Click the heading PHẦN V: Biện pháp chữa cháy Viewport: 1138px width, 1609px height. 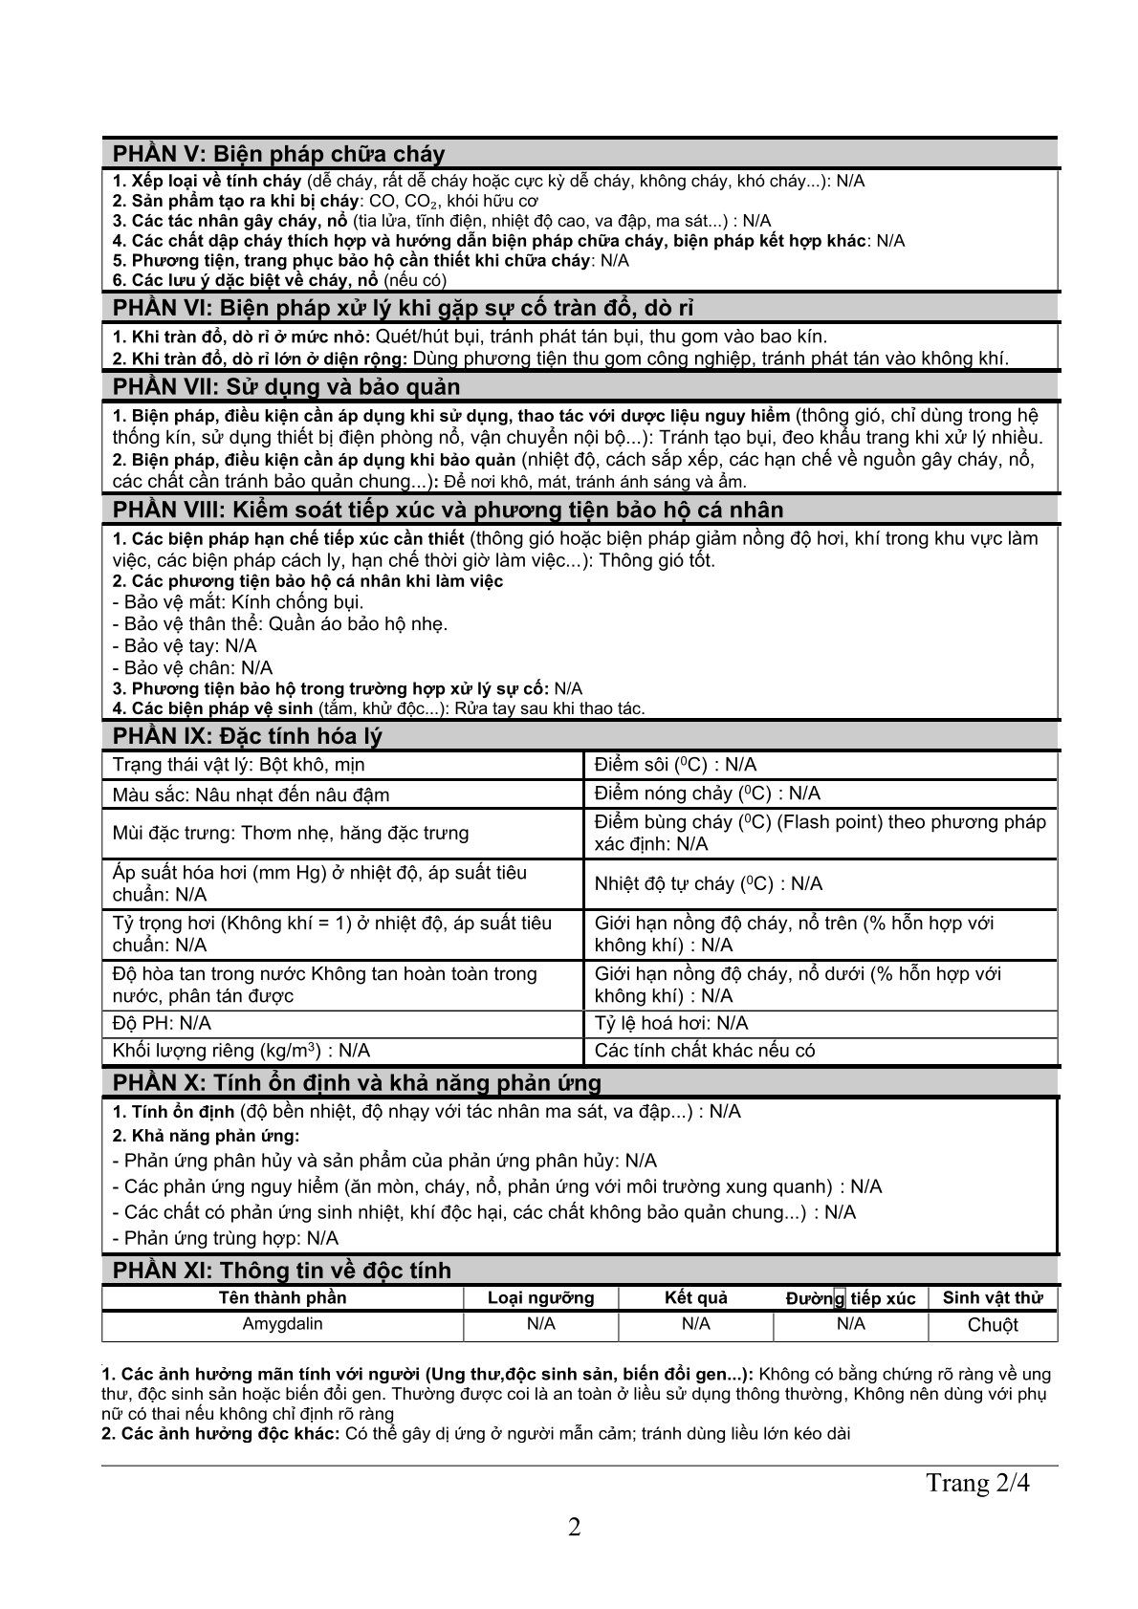[x=278, y=155]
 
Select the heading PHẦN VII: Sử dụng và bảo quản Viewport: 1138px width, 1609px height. [x=286, y=386]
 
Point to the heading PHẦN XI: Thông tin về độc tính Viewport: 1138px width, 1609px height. [x=282, y=1271]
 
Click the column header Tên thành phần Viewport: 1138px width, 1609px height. [x=282, y=1297]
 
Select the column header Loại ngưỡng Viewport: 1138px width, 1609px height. [x=540, y=1297]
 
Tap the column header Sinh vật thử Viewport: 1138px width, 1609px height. [x=992, y=1297]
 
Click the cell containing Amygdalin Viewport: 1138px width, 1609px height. [x=282, y=1324]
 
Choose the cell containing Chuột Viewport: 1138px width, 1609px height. [x=992, y=1325]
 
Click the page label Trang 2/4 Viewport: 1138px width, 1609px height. [x=978, y=1483]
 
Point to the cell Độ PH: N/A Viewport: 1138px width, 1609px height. [x=162, y=1023]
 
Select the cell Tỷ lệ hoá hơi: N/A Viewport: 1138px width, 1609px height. [x=670, y=1023]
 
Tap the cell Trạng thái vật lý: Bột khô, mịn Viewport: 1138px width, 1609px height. [x=238, y=765]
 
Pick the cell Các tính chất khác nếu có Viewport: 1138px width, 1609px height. [x=705, y=1051]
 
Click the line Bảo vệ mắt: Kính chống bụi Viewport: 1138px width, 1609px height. [x=238, y=602]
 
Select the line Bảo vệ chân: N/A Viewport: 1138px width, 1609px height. [x=192, y=667]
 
